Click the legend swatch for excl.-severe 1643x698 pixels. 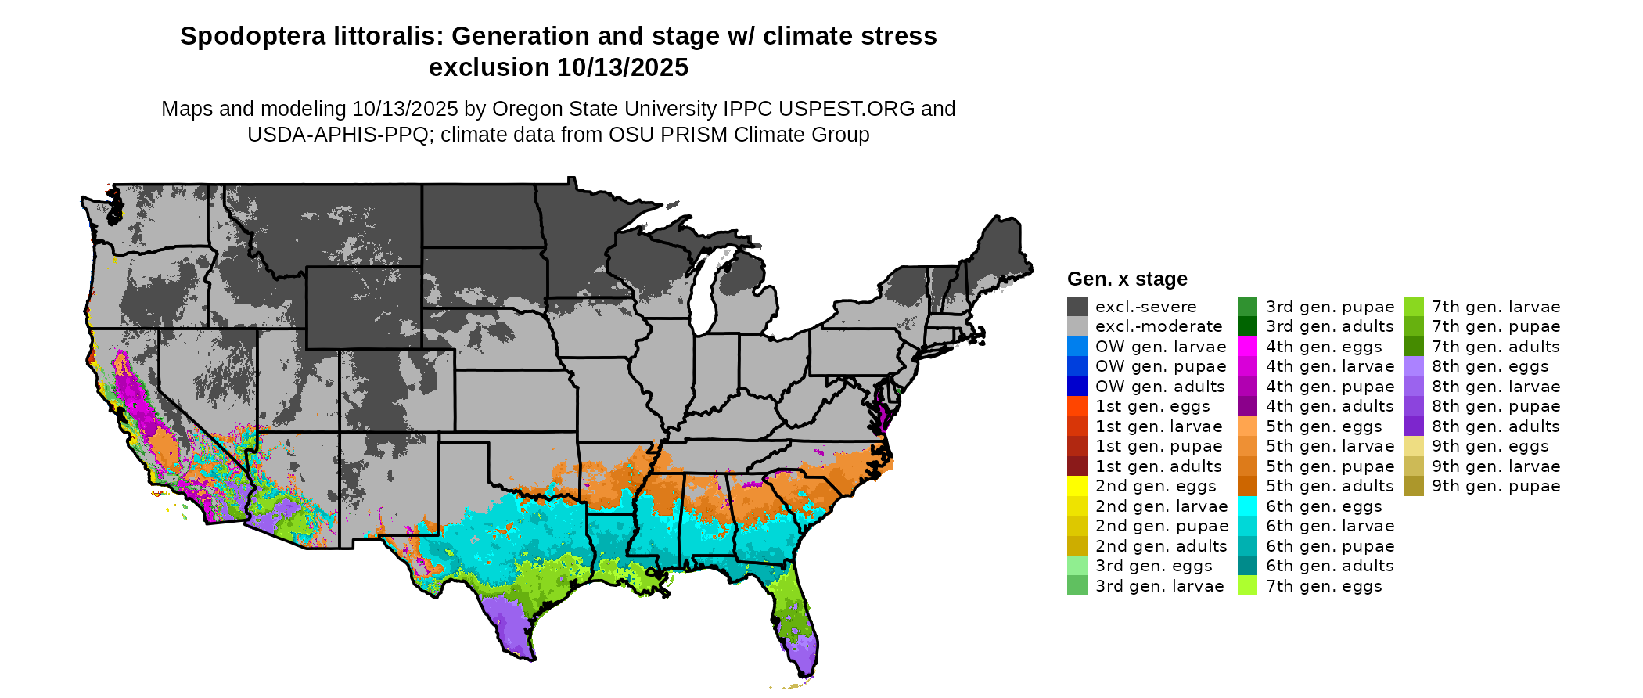coord(1077,307)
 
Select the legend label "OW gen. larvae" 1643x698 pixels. coord(1160,347)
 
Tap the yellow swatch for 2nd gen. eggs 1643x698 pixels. coord(1077,486)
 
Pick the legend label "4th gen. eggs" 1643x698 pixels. coord(1324,347)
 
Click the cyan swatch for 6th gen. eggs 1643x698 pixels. coord(1247,506)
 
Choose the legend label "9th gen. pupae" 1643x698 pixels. coord(1496,486)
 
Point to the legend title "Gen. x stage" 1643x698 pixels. coord(1127,279)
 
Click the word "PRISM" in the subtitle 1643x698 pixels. coord(696,135)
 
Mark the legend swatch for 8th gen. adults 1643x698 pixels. coord(1413,426)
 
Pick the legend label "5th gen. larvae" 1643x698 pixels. coord(1330,446)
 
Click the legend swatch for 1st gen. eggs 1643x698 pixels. coord(1077,406)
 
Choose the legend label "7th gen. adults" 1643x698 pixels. coord(1496,347)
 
